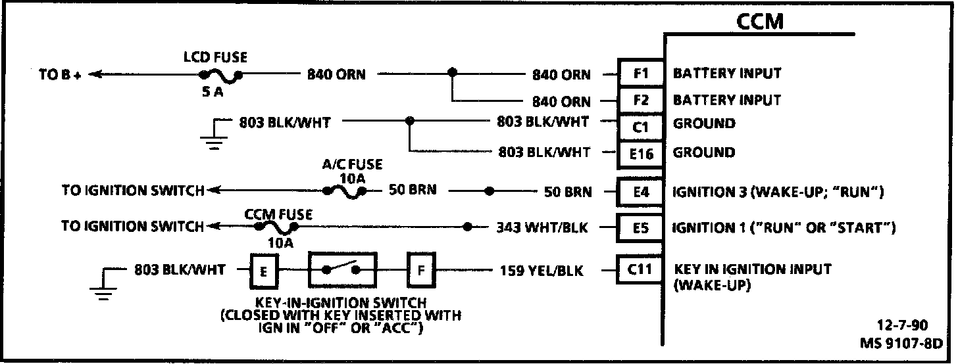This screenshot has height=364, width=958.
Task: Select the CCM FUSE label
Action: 278,214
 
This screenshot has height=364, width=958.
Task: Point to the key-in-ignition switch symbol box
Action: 342,269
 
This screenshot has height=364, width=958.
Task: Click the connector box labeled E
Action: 262,270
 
